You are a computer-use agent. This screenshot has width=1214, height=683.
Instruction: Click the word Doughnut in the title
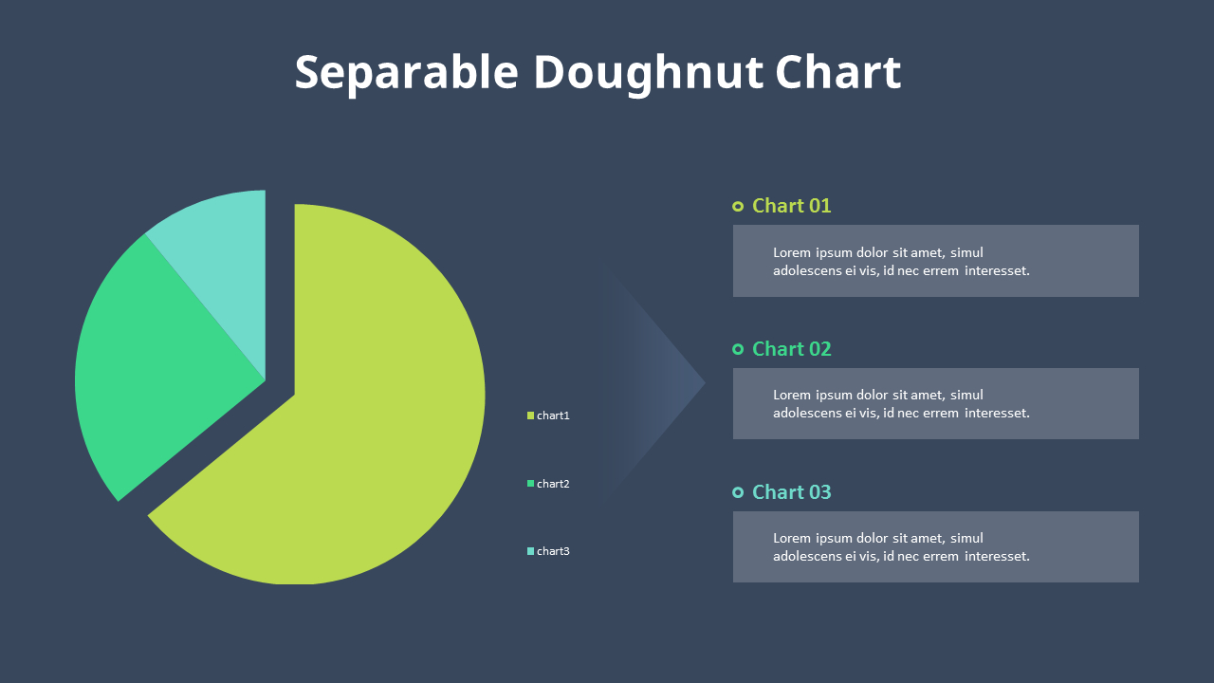(647, 73)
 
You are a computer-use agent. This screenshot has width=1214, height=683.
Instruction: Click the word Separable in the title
(406, 73)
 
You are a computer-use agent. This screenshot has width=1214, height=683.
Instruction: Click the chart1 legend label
(553, 415)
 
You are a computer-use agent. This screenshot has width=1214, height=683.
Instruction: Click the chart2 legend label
(553, 484)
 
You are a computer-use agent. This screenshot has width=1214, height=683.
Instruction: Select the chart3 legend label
(553, 551)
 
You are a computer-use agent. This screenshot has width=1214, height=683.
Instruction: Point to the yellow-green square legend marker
(531, 415)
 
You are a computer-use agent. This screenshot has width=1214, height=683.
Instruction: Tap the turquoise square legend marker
(531, 551)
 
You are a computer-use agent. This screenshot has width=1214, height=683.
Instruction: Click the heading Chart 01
(791, 206)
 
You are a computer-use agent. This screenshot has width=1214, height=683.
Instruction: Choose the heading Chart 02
(791, 349)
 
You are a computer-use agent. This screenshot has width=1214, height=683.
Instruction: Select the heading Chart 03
(791, 492)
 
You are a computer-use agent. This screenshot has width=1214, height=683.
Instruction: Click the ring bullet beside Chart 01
(738, 206)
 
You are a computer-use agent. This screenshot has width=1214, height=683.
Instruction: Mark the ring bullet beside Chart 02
(738, 349)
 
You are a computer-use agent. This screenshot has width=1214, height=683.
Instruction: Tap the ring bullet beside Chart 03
(738, 492)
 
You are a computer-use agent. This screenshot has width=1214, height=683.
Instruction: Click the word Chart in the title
(837, 73)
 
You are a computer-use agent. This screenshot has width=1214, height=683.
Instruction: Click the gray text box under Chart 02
(935, 403)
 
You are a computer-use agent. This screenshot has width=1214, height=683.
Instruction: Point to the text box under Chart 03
(935, 546)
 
